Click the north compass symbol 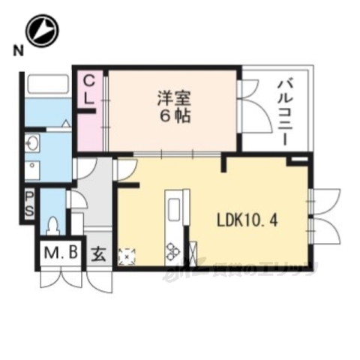pyautogui.click(x=42, y=31)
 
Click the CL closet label pyautogui.click(x=88, y=88)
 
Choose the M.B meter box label pyautogui.click(x=59, y=253)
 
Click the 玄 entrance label pyautogui.click(x=99, y=253)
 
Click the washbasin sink pyautogui.click(x=32, y=143)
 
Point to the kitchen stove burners pyautogui.click(x=172, y=252)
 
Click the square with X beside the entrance pyautogui.click(x=126, y=256)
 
